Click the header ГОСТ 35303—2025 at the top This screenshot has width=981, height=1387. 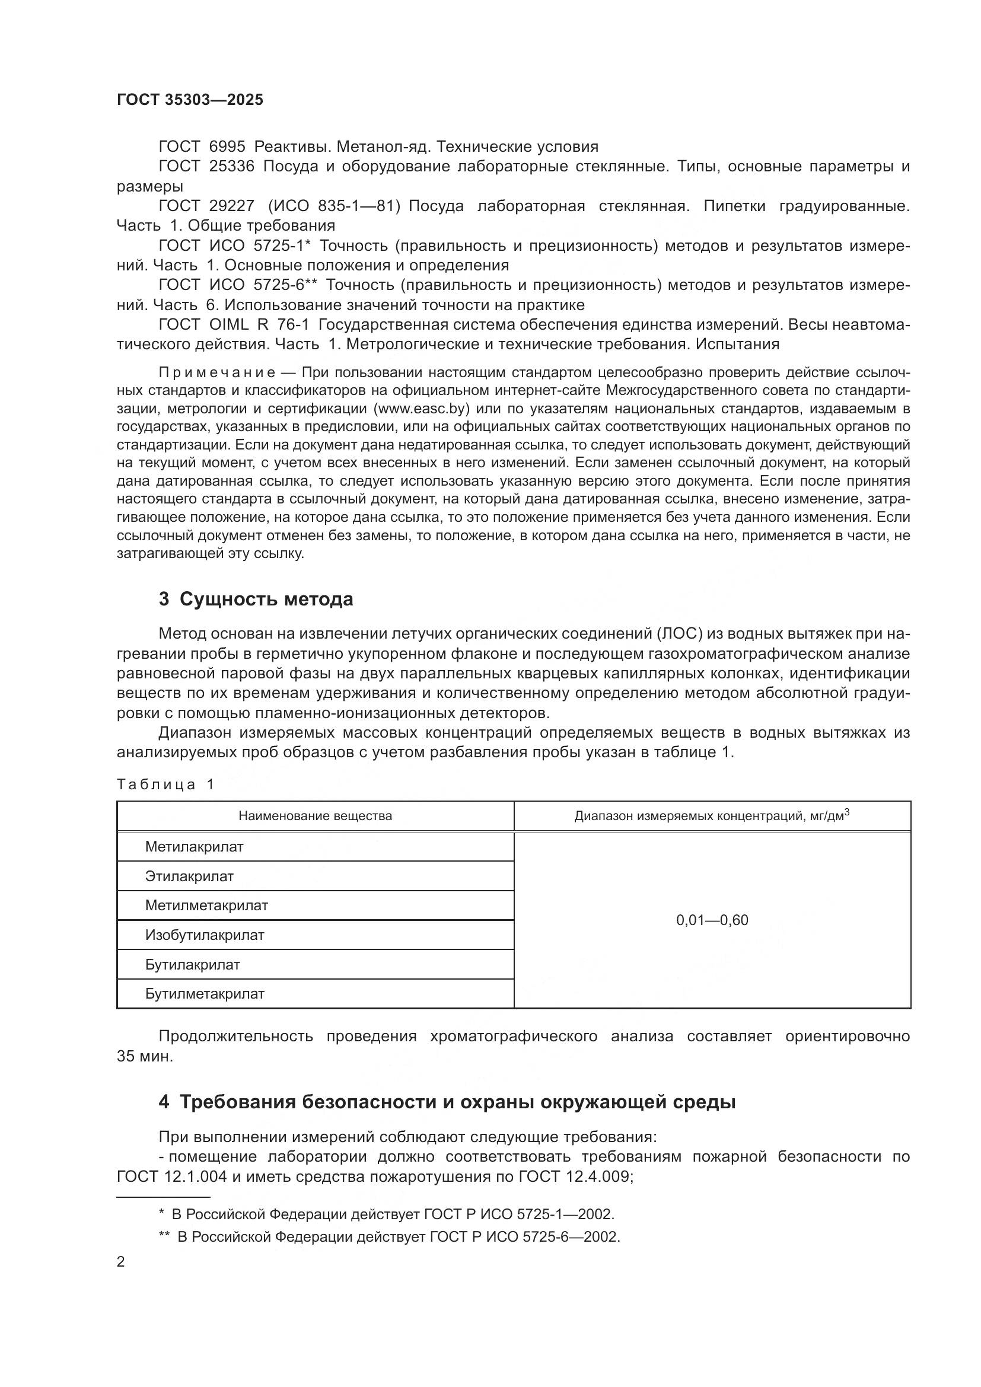(190, 100)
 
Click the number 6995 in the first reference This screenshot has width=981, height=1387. (227, 147)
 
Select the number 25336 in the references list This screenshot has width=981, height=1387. (232, 167)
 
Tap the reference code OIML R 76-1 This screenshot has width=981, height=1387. (259, 325)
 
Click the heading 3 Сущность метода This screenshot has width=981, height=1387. (256, 600)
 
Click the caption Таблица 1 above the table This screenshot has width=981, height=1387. (165, 785)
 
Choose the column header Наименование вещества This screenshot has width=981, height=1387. (315, 816)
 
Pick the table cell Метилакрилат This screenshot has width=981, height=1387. (194, 847)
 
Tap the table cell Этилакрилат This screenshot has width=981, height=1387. (189, 876)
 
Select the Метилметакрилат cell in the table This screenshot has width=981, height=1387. (206, 905)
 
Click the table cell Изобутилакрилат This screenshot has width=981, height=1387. (204, 935)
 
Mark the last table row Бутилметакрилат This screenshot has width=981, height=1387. (204, 994)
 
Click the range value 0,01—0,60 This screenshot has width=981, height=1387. (712, 920)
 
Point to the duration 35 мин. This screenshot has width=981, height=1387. (145, 1057)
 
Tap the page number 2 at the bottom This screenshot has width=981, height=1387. (121, 1262)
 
